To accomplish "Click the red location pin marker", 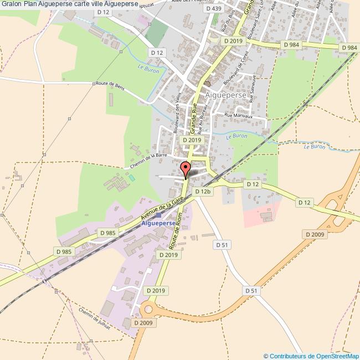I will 186,168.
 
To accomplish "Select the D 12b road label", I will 203,191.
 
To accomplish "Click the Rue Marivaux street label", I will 238,116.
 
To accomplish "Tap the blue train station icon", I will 159,215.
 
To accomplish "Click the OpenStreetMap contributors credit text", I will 311,356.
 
